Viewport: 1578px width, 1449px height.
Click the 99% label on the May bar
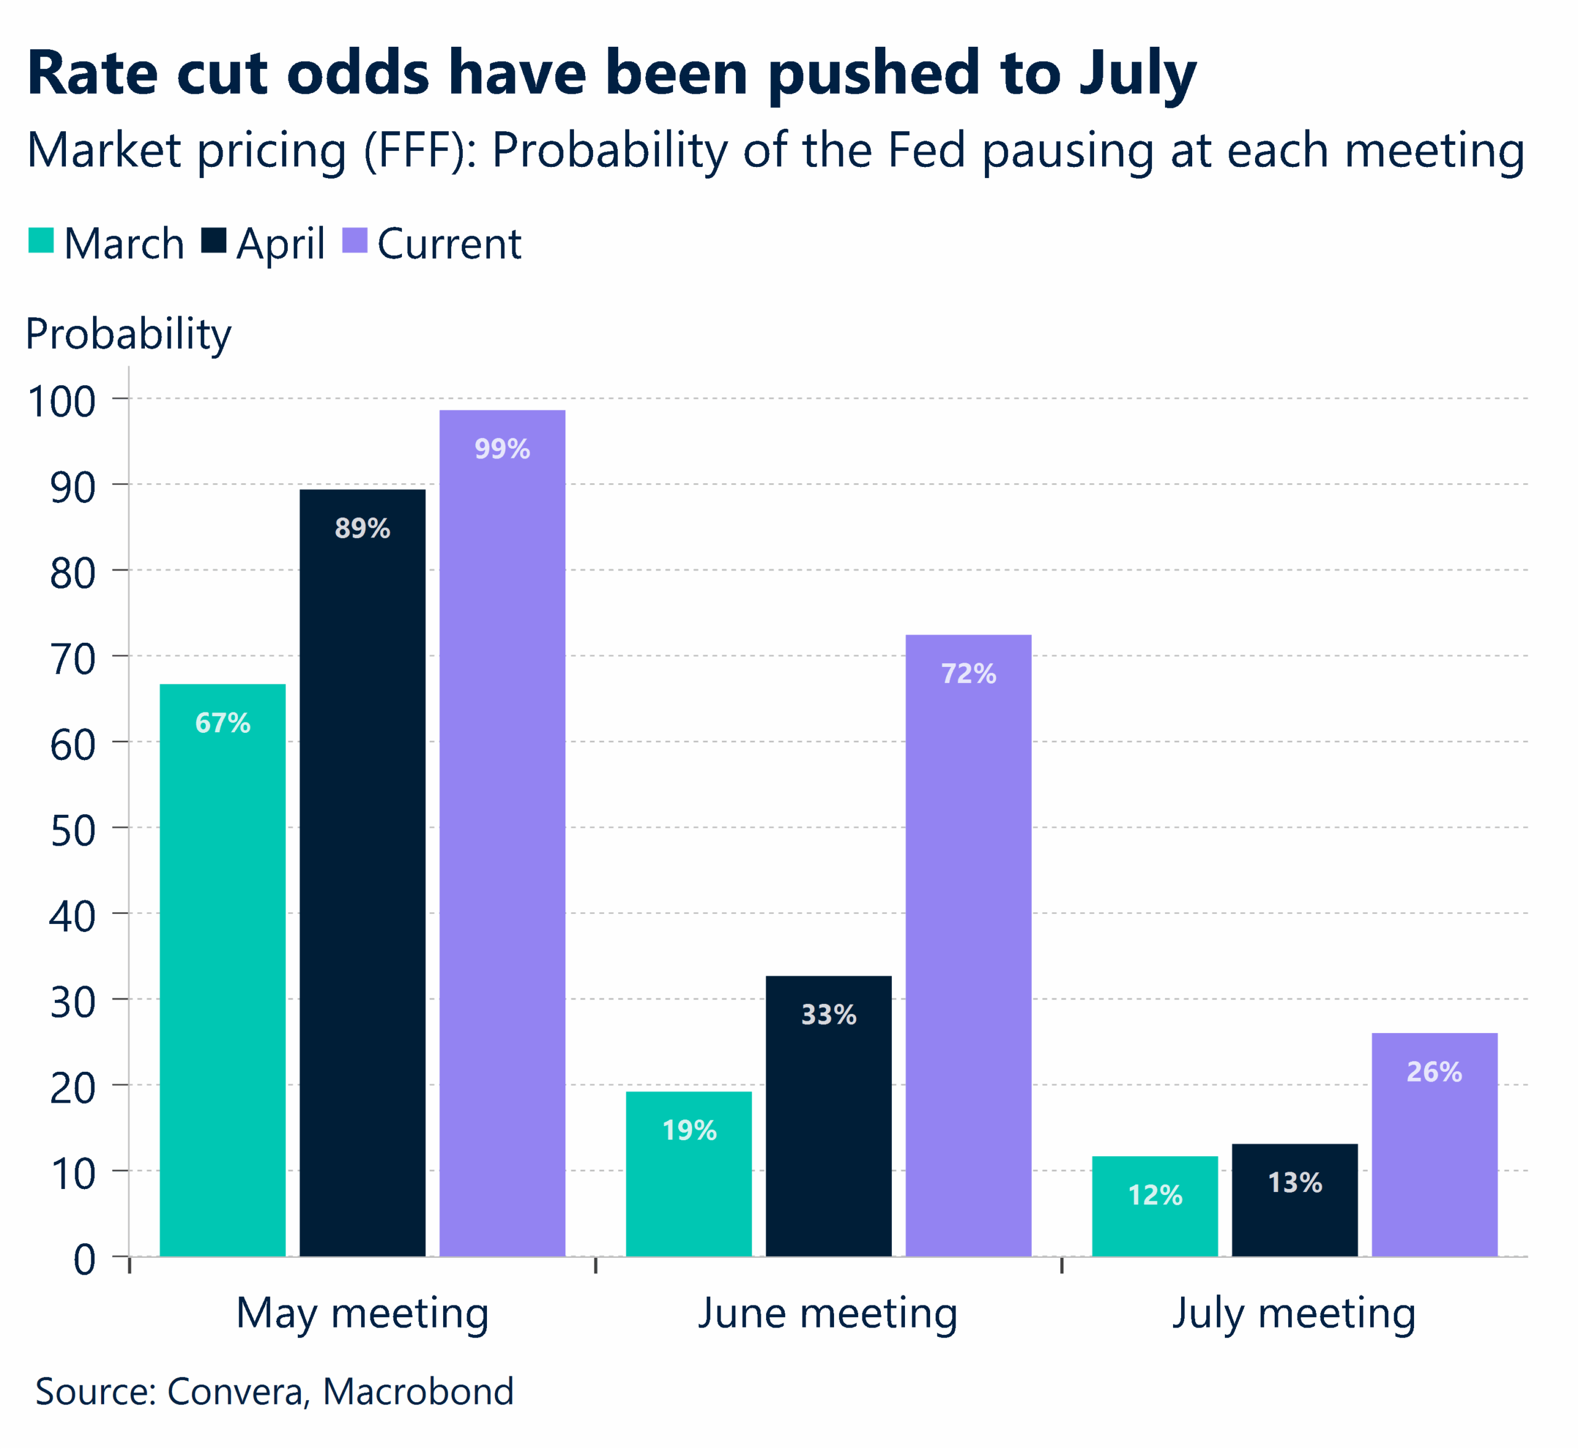pyautogui.click(x=502, y=449)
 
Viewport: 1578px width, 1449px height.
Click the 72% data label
pyautogui.click(x=968, y=674)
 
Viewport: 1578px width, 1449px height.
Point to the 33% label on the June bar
pyautogui.click(x=828, y=1014)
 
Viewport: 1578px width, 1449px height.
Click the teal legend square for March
pyautogui.click(x=41, y=241)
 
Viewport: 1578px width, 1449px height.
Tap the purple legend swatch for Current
pyautogui.click(x=355, y=241)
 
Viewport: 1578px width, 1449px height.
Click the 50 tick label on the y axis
pyautogui.click(x=72, y=831)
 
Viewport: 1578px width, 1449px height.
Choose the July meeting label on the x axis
pyautogui.click(x=1294, y=1313)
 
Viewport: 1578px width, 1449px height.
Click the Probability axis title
pyautogui.click(x=129, y=334)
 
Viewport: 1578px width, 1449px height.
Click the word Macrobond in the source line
pyautogui.click(x=418, y=1392)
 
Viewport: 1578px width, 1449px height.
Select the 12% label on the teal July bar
pyautogui.click(x=1155, y=1195)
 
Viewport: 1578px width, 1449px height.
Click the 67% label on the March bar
pyautogui.click(x=223, y=723)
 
